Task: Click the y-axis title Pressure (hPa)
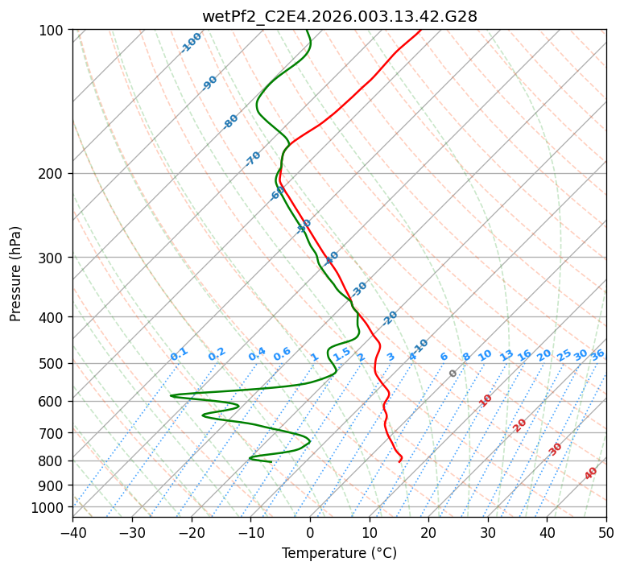[x=15, y=274]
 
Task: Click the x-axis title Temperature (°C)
[x=339, y=554]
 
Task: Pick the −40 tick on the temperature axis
[x=72, y=533]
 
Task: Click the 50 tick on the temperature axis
[x=606, y=533]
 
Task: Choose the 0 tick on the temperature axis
[x=310, y=533]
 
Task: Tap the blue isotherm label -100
[x=192, y=42]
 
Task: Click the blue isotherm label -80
[x=231, y=122]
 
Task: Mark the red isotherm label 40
[x=591, y=473]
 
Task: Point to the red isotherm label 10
[x=486, y=400]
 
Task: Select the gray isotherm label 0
[x=453, y=374]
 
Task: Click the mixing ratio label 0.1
[x=179, y=354]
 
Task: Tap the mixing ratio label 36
[x=597, y=354]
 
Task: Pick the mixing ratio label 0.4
[x=257, y=354]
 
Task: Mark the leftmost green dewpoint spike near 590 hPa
[x=171, y=395]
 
